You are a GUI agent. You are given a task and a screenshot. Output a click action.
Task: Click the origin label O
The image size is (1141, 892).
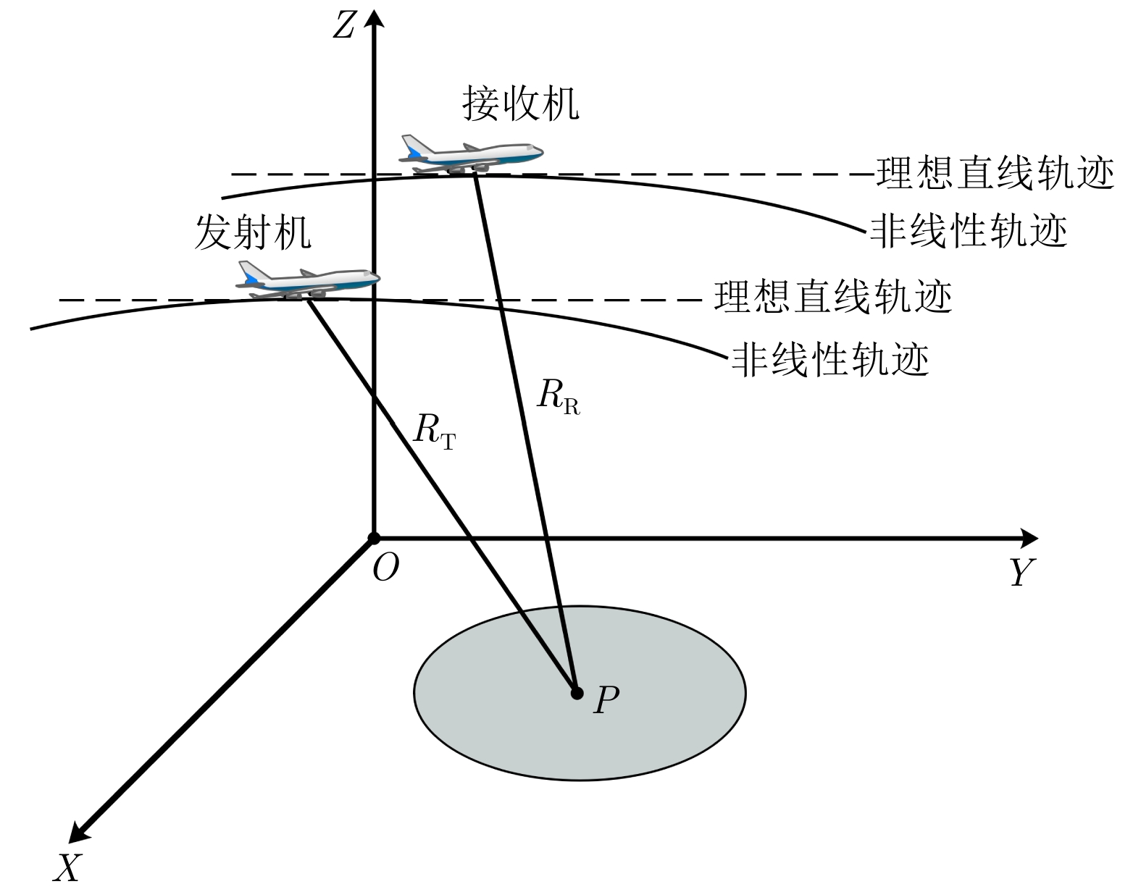pyautogui.click(x=385, y=568)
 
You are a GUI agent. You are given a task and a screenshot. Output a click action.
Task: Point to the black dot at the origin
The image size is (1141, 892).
pyautogui.click(x=374, y=539)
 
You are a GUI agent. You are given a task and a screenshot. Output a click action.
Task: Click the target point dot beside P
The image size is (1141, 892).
pyautogui.click(x=577, y=694)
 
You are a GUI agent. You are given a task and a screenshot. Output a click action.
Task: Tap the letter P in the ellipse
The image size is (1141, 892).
pyautogui.click(x=606, y=700)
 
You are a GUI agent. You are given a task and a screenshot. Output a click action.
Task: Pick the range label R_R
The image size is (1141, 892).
pyautogui.click(x=558, y=396)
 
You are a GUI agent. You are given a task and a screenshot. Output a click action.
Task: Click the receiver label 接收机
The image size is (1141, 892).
pyautogui.click(x=521, y=104)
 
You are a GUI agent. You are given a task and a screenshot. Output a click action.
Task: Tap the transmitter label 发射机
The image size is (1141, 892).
pyautogui.click(x=253, y=233)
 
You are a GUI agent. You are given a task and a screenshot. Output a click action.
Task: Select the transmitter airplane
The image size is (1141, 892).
pyautogui.click(x=309, y=280)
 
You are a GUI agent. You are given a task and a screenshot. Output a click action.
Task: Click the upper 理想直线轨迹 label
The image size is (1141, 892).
pyautogui.click(x=995, y=174)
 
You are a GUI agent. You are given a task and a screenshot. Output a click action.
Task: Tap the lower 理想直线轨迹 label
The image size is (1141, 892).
pyautogui.click(x=832, y=297)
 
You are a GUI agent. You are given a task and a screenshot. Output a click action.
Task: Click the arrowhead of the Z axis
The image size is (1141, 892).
pyautogui.click(x=373, y=14)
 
